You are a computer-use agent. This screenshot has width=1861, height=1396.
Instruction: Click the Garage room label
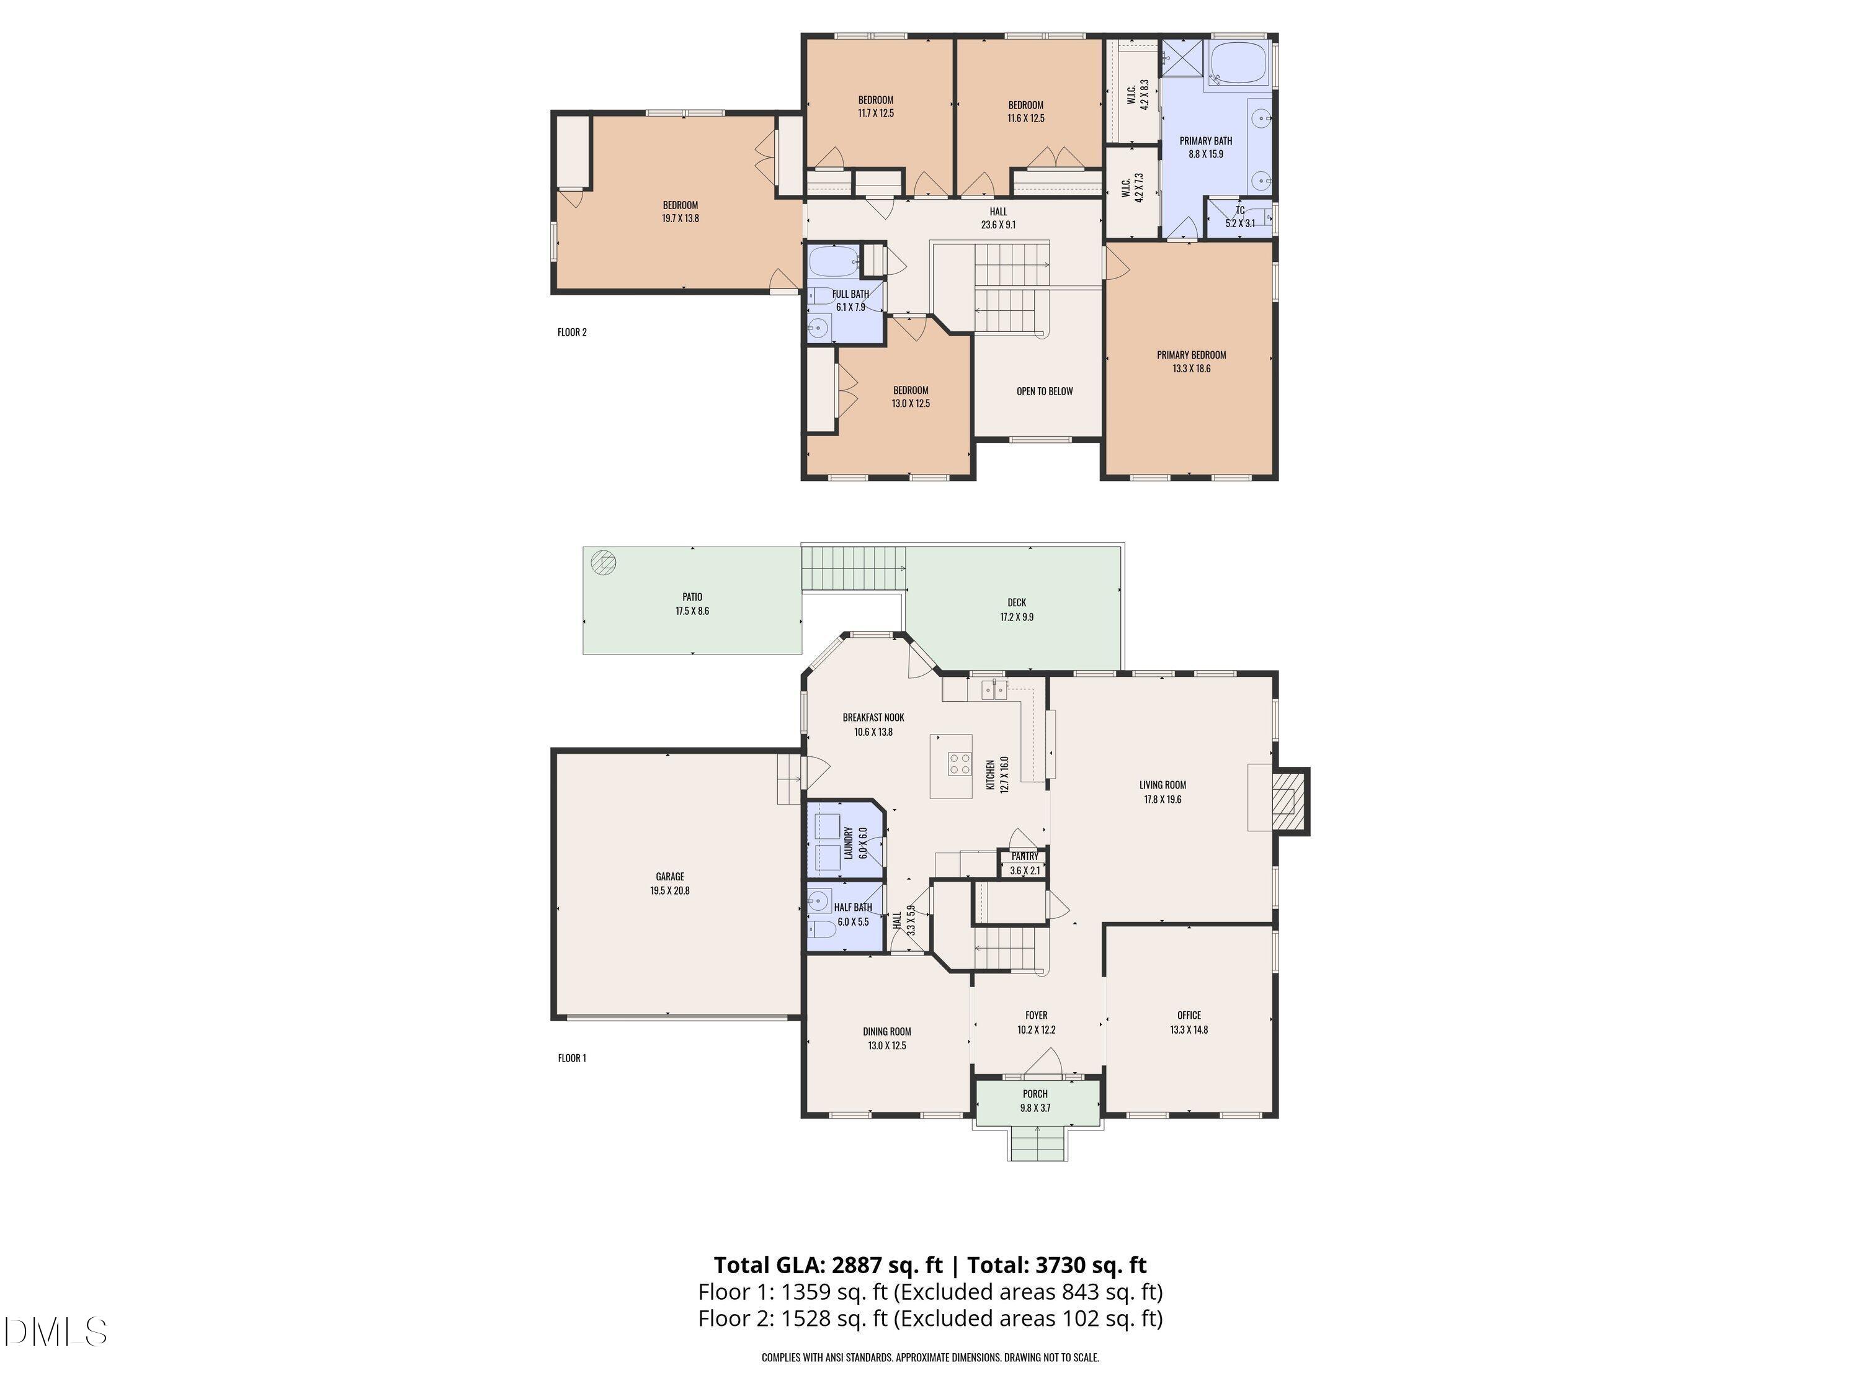[670, 876]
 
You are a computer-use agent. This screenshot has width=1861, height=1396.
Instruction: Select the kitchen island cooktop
[960, 763]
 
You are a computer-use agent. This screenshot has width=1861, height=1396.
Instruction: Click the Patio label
[692, 597]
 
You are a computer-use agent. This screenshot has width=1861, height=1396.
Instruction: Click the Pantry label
[1025, 856]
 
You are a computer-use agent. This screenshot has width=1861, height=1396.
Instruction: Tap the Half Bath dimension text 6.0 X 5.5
[853, 921]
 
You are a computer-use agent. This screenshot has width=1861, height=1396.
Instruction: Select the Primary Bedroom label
[1191, 354]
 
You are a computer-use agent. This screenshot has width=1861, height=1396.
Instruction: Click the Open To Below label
[1045, 390]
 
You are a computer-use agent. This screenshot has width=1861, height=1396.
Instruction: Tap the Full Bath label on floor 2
[850, 293]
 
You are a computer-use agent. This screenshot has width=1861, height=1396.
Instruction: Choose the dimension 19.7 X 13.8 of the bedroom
[681, 218]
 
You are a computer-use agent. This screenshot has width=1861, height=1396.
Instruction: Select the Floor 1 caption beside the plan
[572, 1058]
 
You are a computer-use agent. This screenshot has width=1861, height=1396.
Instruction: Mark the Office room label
[1189, 1015]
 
